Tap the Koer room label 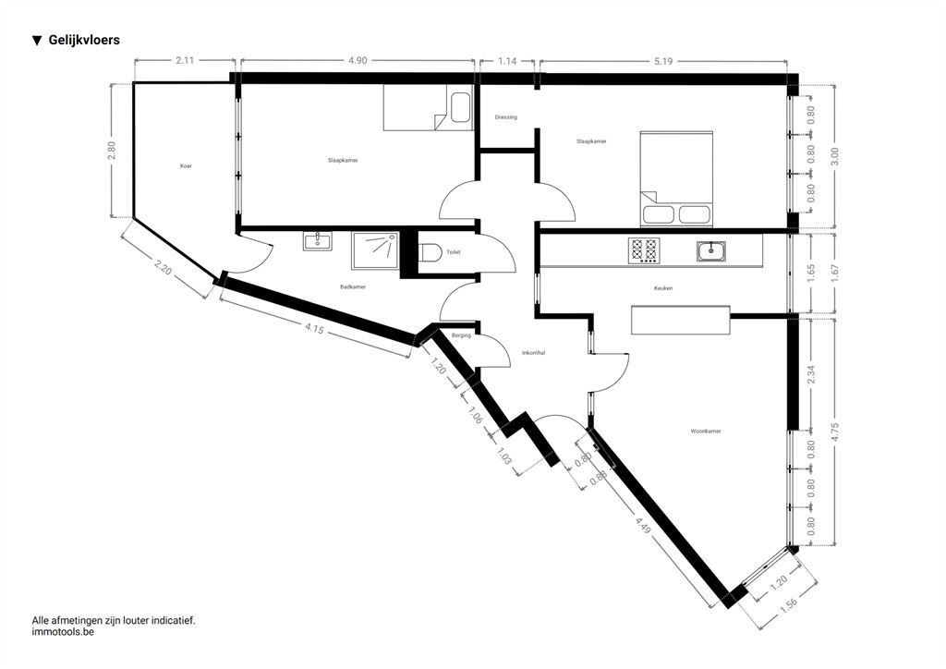coord(186,166)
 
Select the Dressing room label coord(505,117)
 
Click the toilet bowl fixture coord(431,251)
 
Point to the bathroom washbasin coord(318,240)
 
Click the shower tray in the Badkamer coord(375,251)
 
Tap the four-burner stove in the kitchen coord(644,249)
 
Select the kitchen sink coord(711,250)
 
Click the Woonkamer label coord(706,432)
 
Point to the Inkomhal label coord(533,353)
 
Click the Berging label coord(462,335)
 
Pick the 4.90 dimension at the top coord(358,60)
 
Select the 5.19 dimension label coord(662,61)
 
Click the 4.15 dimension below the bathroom coord(314,329)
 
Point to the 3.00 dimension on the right coord(835,157)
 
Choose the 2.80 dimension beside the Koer coord(111,151)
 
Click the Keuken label coord(663,288)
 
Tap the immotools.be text coord(63,632)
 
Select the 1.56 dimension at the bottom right coord(789,605)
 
